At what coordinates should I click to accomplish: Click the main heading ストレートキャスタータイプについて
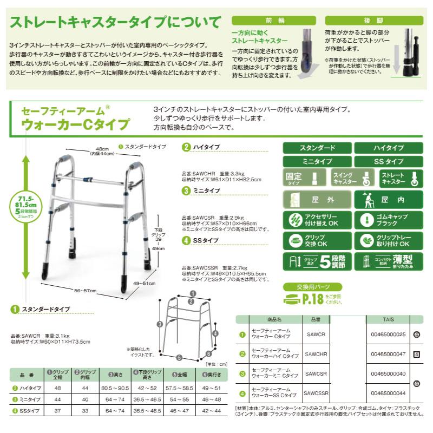tap(115, 23)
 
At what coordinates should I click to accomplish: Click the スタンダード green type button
tap(317, 148)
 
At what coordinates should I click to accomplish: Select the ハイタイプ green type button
tap(388, 148)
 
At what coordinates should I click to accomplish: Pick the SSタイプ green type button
tap(388, 162)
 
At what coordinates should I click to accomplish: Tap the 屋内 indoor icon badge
tap(388, 200)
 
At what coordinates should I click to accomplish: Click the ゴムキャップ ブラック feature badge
tap(388, 220)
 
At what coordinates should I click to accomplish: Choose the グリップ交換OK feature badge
tap(317, 240)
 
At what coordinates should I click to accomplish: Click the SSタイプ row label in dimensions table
tap(29, 411)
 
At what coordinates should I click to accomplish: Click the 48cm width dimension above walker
tap(99, 151)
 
